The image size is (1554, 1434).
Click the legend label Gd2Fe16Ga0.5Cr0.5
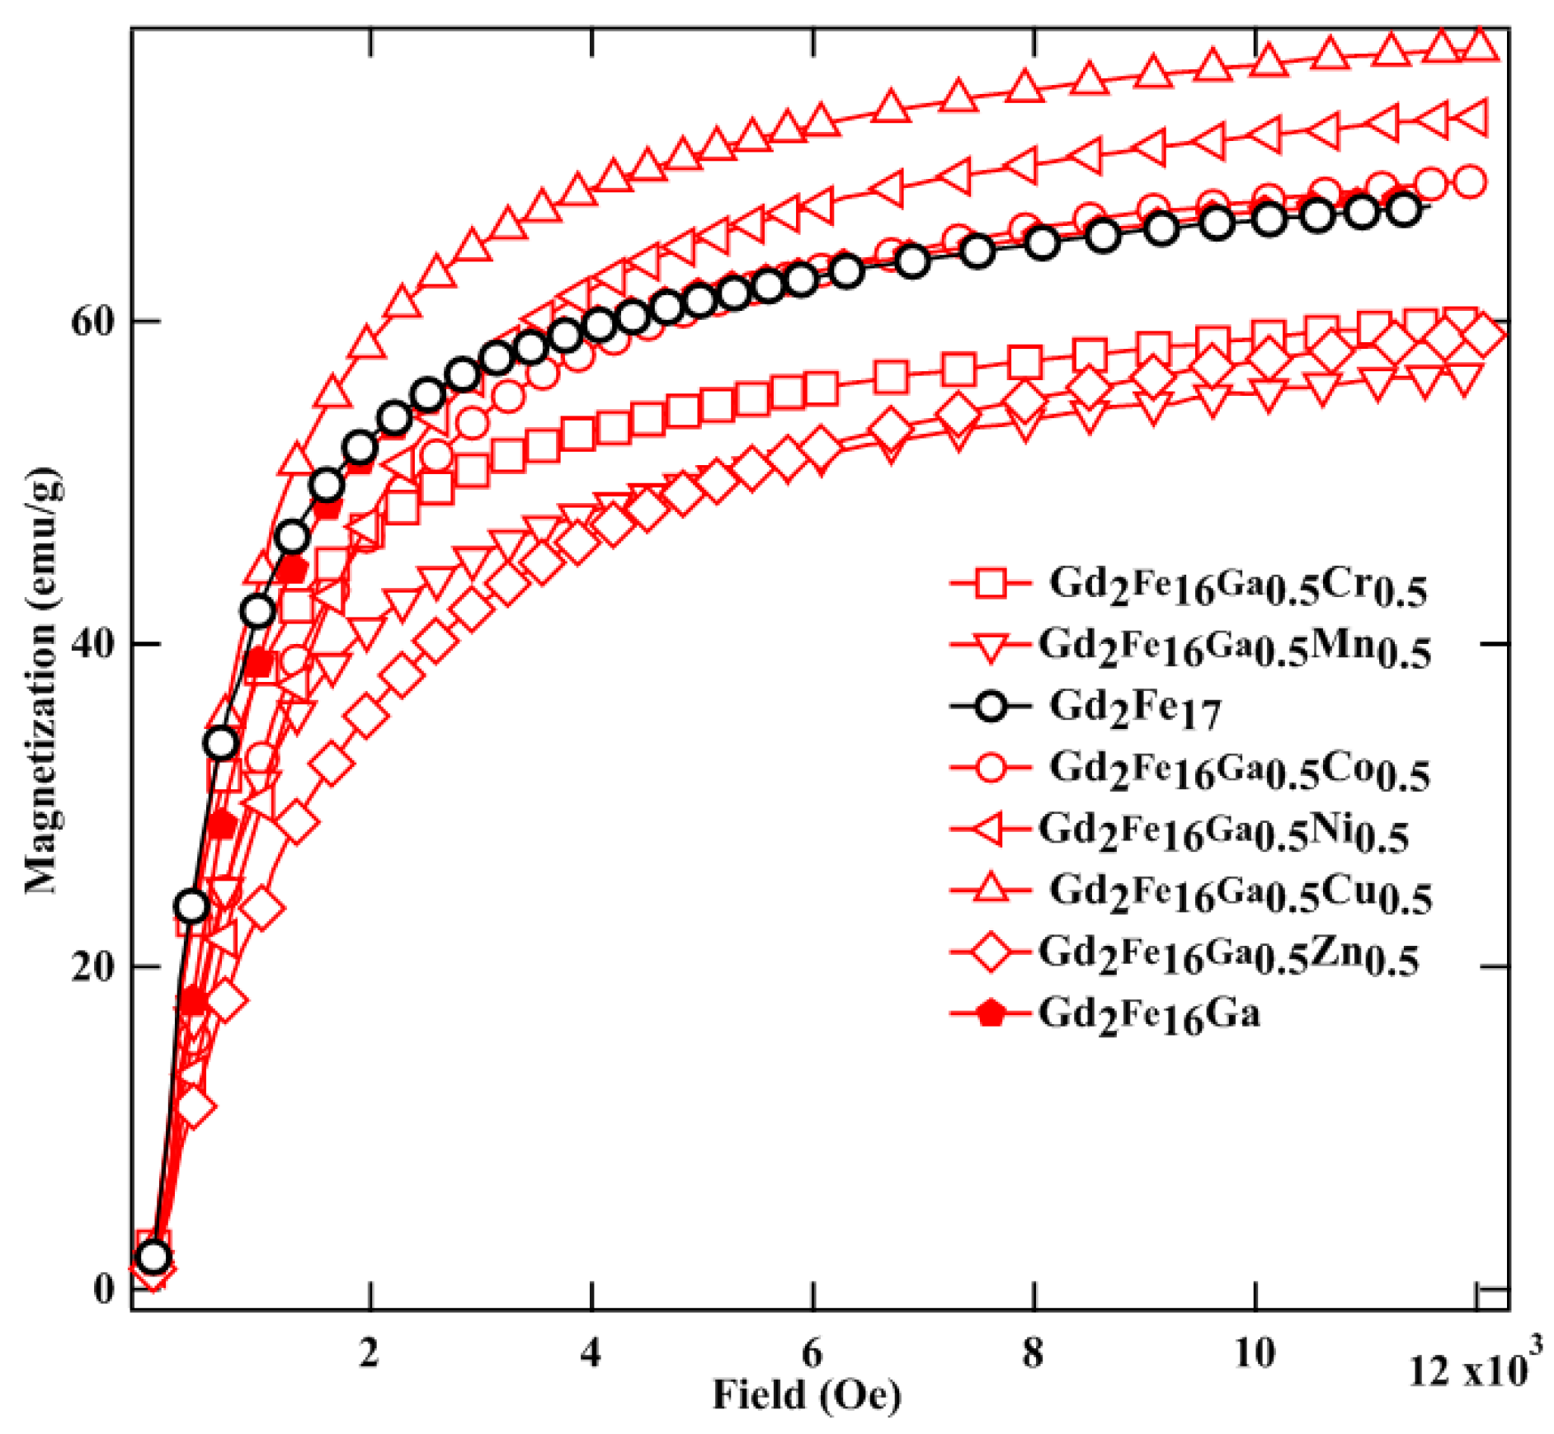point(1237,586)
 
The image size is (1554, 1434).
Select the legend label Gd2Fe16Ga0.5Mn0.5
point(1234,647)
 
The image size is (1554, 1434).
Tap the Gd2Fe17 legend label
point(1134,708)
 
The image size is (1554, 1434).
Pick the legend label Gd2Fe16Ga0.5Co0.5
point(1239,770)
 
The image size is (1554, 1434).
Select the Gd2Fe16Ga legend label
point(1149,1015)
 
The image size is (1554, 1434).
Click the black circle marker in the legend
point(991,708)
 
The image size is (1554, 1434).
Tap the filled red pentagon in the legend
point(991,1013)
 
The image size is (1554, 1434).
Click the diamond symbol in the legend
point(991,953)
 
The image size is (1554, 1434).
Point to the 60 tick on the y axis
point(92,321)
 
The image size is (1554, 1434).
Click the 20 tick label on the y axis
point(92,966)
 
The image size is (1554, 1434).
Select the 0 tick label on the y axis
point(104,1288)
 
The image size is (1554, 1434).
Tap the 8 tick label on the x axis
point(1033,1353)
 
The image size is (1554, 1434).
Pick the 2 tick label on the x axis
point(369,1353)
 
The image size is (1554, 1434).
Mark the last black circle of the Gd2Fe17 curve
point(1403,209)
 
